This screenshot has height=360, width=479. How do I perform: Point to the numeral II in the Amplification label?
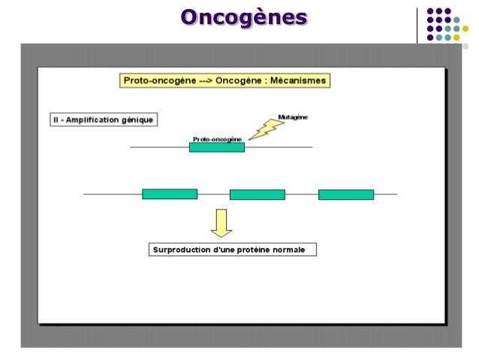pos(56,119)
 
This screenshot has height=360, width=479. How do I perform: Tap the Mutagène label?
pos(292,117)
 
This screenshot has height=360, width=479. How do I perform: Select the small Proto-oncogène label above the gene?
pos(217,139)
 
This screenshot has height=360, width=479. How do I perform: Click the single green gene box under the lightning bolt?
pos(216,148)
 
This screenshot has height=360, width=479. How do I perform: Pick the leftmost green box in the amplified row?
pos(170,194)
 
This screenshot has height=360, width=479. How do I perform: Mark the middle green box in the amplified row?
pos(258,195)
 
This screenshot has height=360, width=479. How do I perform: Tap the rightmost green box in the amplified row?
pos(345,195)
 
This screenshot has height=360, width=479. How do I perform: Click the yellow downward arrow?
pos(221,222)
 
